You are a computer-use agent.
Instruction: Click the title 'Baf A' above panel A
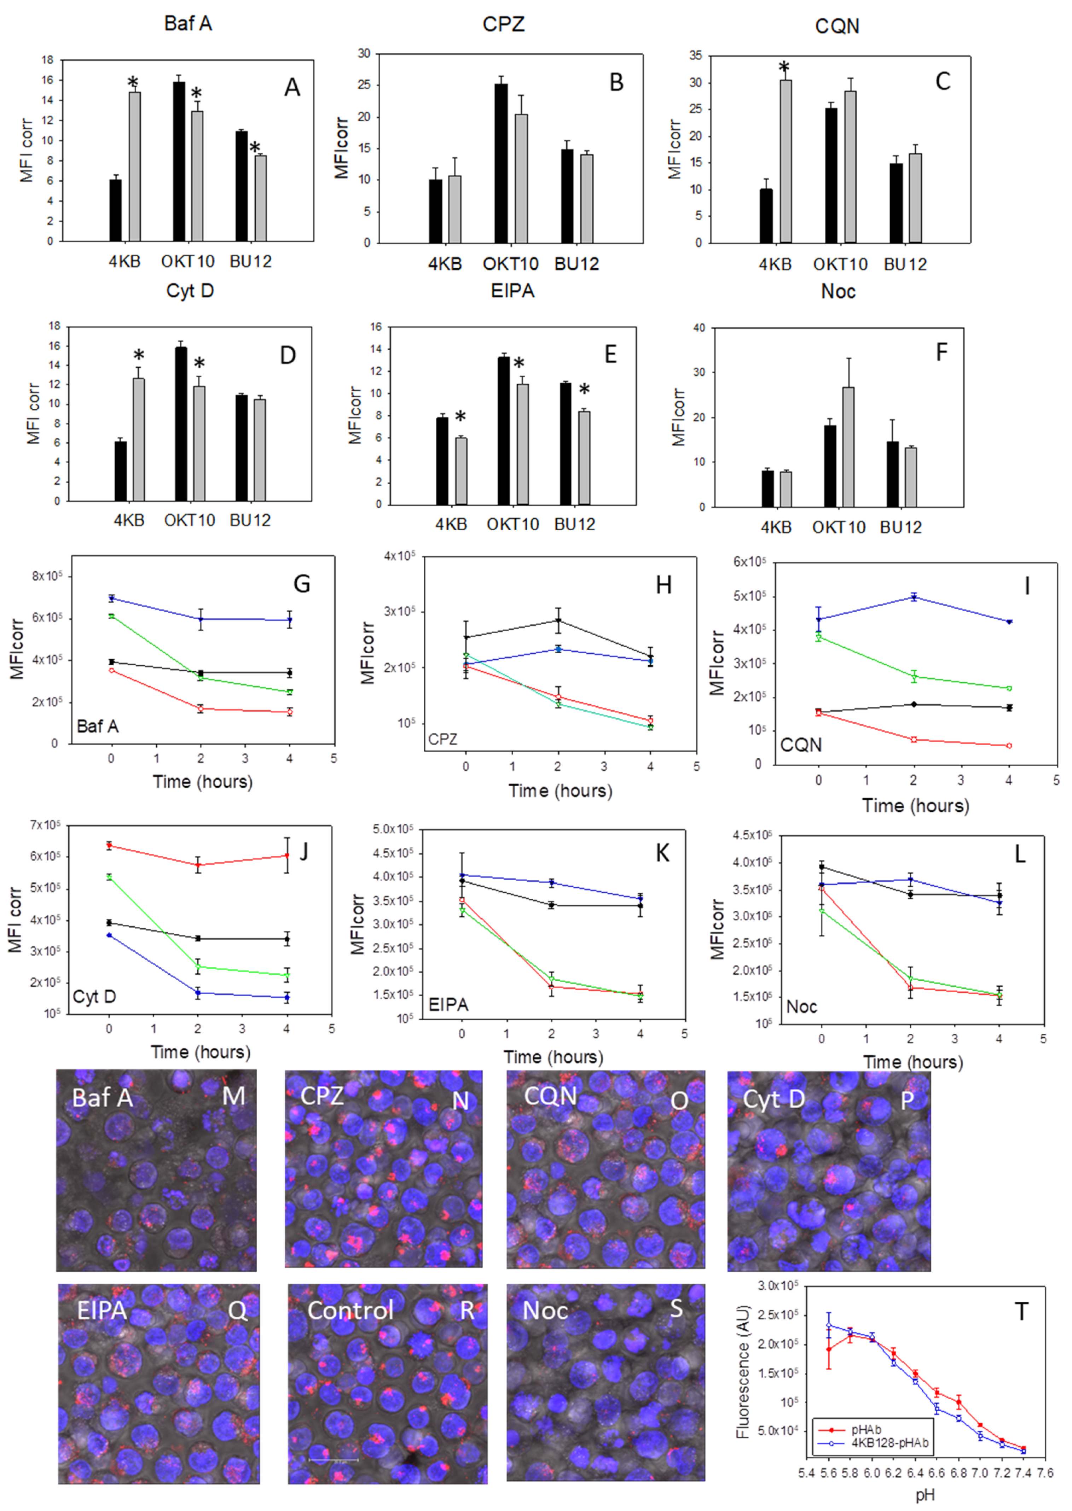(188, 24)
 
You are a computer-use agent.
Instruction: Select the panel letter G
(302, 584)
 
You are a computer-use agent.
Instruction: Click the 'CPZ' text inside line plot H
(443, 739)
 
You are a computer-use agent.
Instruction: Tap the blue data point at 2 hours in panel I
(914, 597)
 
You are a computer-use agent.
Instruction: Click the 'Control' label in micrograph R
(350, 1310)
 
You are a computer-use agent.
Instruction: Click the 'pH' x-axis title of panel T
(925, 1494)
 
